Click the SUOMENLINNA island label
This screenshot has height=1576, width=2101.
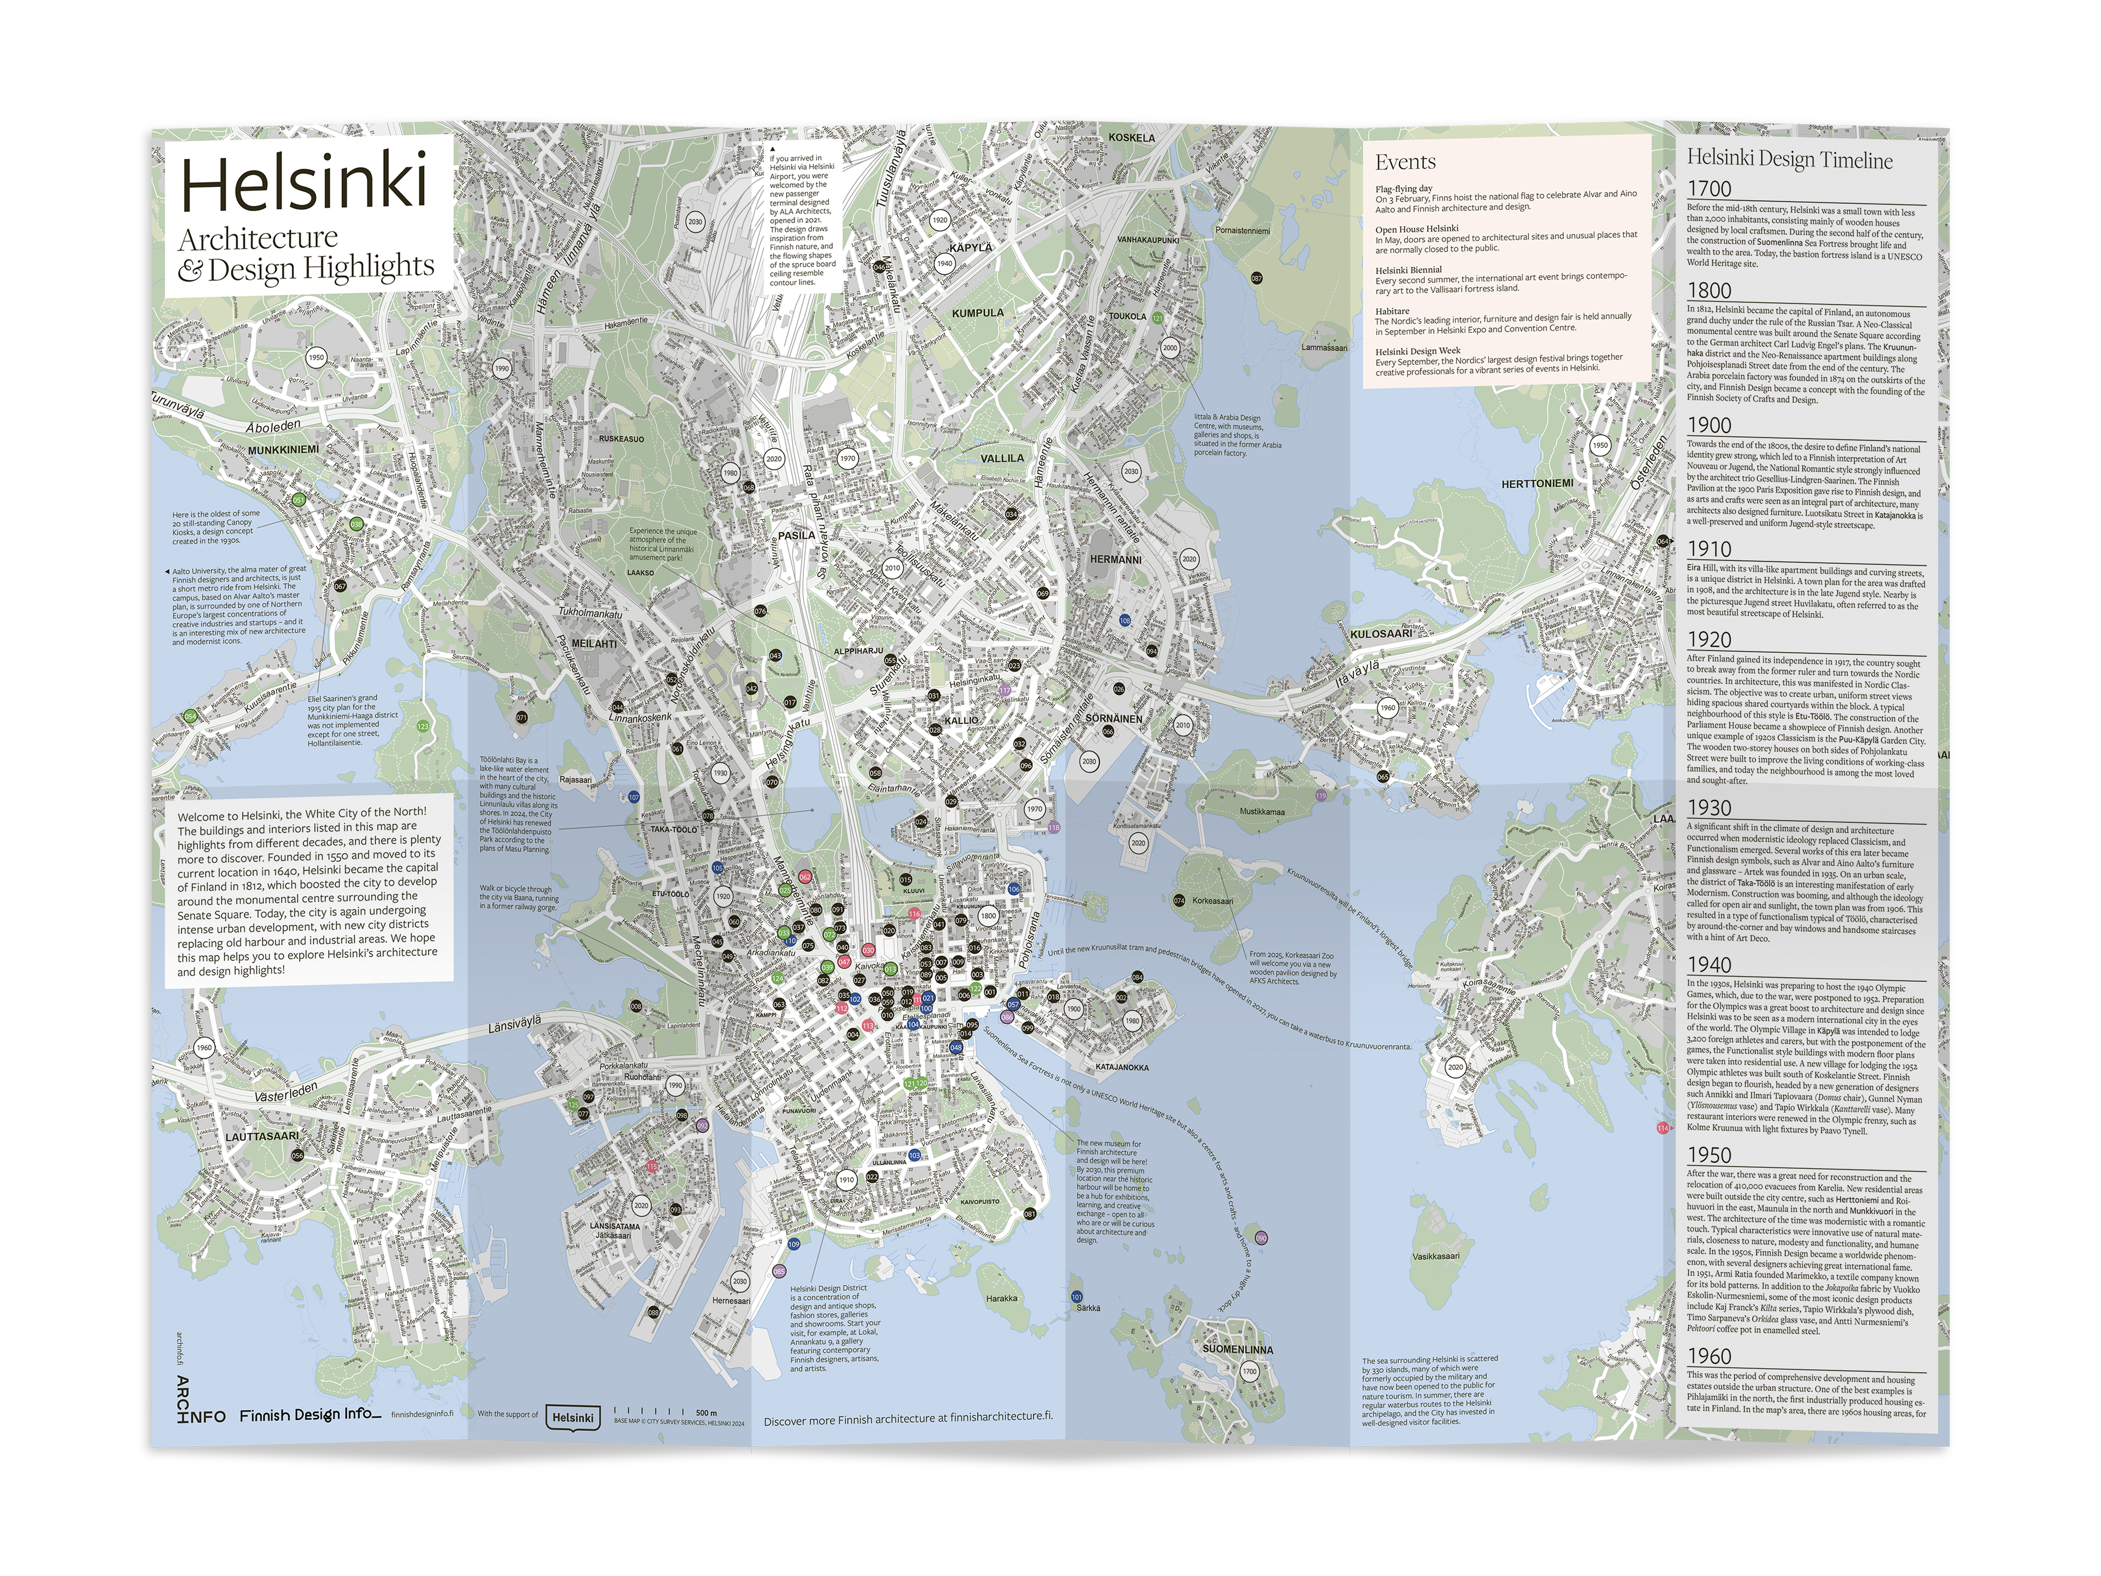[1238, 1349]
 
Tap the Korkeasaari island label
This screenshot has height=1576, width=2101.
[1213, 901]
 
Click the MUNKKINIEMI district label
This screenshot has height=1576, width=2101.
[283, 449]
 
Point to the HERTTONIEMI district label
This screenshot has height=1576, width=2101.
[1537, 484]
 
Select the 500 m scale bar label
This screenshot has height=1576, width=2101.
[706, 1412]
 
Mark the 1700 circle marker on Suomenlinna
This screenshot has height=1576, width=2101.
[1249, 1372]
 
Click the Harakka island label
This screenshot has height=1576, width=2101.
[1001, 1298]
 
